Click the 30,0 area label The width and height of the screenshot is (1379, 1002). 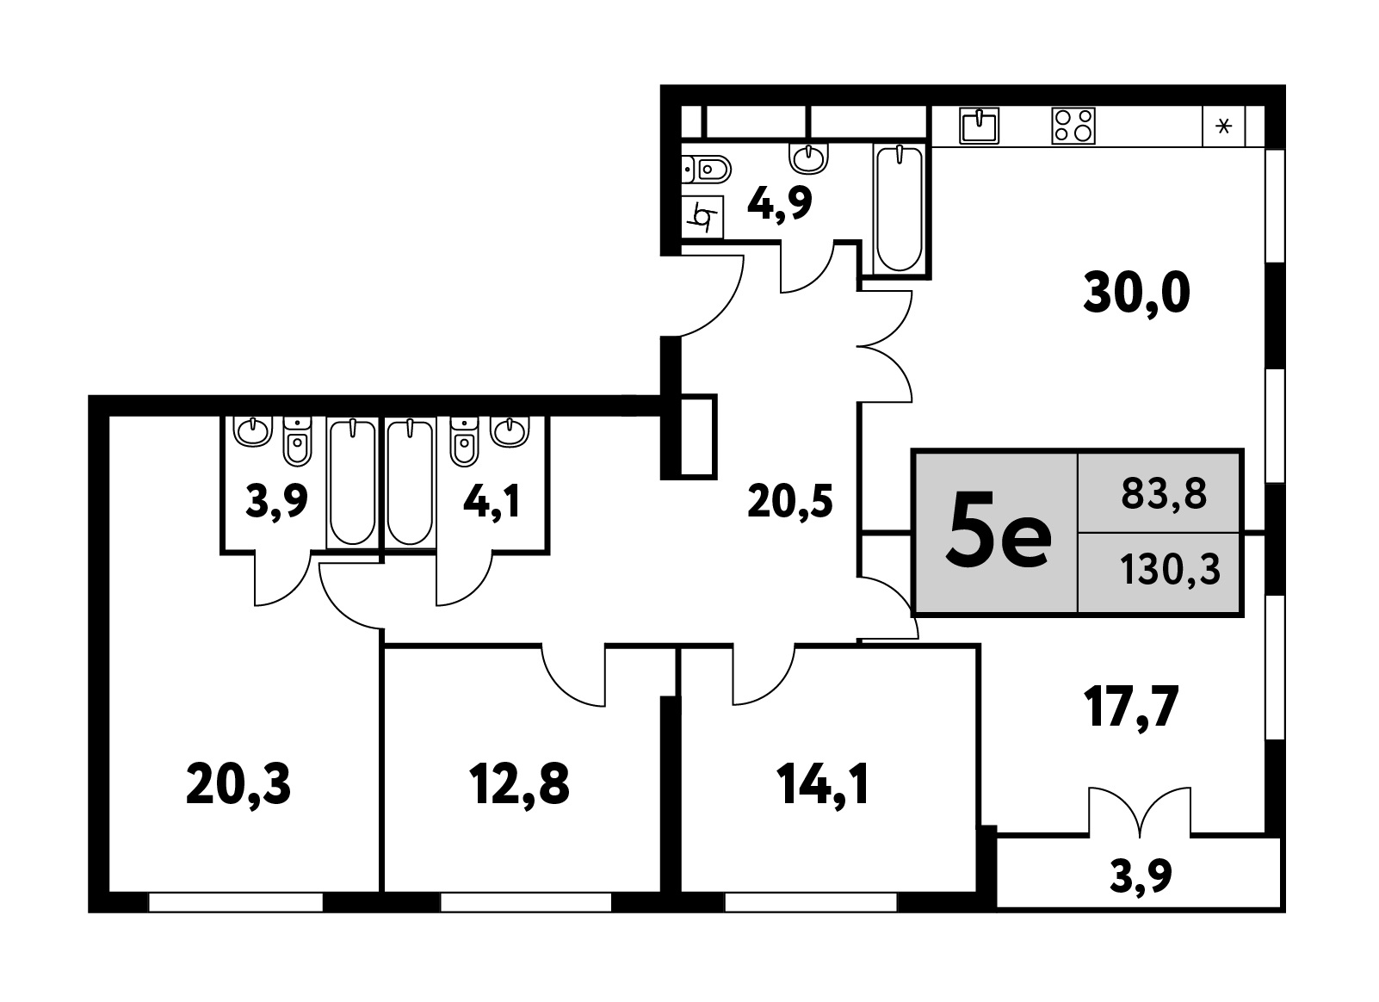(1136, 294)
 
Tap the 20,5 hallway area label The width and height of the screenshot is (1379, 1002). (790, 501)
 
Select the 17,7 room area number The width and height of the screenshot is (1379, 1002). (1132, 708)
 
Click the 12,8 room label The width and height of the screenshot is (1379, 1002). (519, 784)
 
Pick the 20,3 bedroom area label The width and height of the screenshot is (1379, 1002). (238, 784)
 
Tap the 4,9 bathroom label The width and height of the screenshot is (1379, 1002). (780, 204)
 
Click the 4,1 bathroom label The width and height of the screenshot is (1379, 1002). (492, 501)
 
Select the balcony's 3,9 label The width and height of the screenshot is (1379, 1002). (1141, 876)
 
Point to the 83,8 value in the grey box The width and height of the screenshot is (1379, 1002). (1164, 493)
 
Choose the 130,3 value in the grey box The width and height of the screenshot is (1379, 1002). (1170, 570)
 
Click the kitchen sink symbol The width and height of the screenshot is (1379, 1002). (979, 127)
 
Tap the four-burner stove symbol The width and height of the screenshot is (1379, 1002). (1073, 127)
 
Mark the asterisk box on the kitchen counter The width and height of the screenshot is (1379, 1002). (1223, 127)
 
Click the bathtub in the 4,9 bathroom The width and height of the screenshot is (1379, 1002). (899, 208)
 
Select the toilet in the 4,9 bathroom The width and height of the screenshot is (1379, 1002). (706, 169)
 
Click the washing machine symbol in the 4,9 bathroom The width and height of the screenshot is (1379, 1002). (702, 217)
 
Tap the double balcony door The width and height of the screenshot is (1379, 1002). (1140, 811)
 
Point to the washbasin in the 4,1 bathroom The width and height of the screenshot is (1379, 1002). (509, 431)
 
